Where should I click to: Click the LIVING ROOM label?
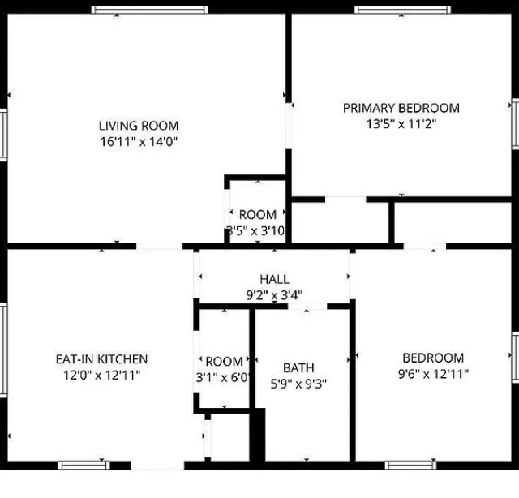click(x=139, y=126)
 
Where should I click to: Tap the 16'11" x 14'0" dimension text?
click(x=139, y=141)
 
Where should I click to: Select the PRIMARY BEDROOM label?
click(x=401, y=108)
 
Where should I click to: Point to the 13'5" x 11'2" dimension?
click(x=401, y=124)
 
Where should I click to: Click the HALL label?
click(x=274, y=280)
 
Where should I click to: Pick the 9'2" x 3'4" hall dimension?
click(x=274, y=295)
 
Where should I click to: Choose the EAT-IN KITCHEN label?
click(x=101, y=358)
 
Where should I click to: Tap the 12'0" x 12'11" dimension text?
click(x=101, y=375)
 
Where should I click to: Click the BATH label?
click(x=298, y=367)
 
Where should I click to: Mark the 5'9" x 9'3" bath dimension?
click(x=298, y=384)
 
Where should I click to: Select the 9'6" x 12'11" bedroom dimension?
click(x=433, y=374)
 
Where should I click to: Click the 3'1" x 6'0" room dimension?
click(x=224, y=377)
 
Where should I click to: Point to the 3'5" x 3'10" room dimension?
click(x=257, y=231)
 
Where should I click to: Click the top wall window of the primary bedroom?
click(x=403, y=11)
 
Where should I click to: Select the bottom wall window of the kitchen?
click(x=85, y=466)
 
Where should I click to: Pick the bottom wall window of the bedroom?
click(x=411, y=466)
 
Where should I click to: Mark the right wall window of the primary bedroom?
click(x=514, y=124)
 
